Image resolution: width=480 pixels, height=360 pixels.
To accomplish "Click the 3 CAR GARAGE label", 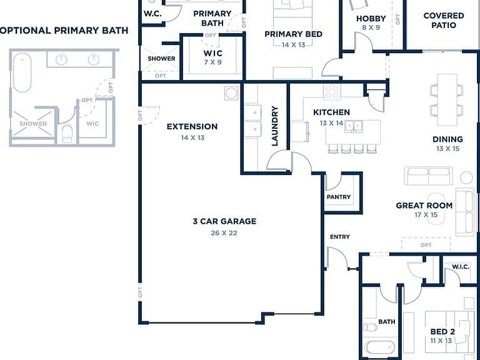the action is point(224,221).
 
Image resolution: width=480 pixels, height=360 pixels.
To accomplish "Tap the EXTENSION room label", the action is point(192,126).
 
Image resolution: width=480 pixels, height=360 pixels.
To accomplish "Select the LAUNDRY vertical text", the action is point(275,126).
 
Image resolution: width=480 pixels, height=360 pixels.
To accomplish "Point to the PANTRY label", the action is point(339,197).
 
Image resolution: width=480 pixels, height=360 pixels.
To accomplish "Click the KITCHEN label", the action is point(331,112).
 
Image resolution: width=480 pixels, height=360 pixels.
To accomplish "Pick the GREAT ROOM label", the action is point(424,206).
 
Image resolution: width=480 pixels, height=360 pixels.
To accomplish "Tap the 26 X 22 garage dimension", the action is point(224,233).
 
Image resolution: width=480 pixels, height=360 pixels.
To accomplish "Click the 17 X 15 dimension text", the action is point(426,214).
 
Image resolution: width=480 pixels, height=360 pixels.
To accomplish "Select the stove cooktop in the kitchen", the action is point(332,92).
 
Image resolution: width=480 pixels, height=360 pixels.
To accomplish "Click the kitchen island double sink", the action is point(354,126).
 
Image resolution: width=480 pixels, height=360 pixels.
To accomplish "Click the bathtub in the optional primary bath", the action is point(22,72).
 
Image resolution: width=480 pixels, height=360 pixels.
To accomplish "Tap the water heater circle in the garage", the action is point(231,93).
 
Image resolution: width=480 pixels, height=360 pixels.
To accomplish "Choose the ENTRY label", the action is point(340,237).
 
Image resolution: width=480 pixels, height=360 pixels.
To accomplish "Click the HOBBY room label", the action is point(371,19).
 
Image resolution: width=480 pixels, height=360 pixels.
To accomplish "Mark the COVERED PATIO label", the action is point(444,20).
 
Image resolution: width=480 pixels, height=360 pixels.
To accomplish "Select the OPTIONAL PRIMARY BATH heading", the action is point(64,31).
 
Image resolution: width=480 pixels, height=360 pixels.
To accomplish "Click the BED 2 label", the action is point(442,331).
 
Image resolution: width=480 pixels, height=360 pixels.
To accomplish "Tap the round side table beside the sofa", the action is point(466,177).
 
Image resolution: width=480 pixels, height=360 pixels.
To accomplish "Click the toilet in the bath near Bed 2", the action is point(370,327).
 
